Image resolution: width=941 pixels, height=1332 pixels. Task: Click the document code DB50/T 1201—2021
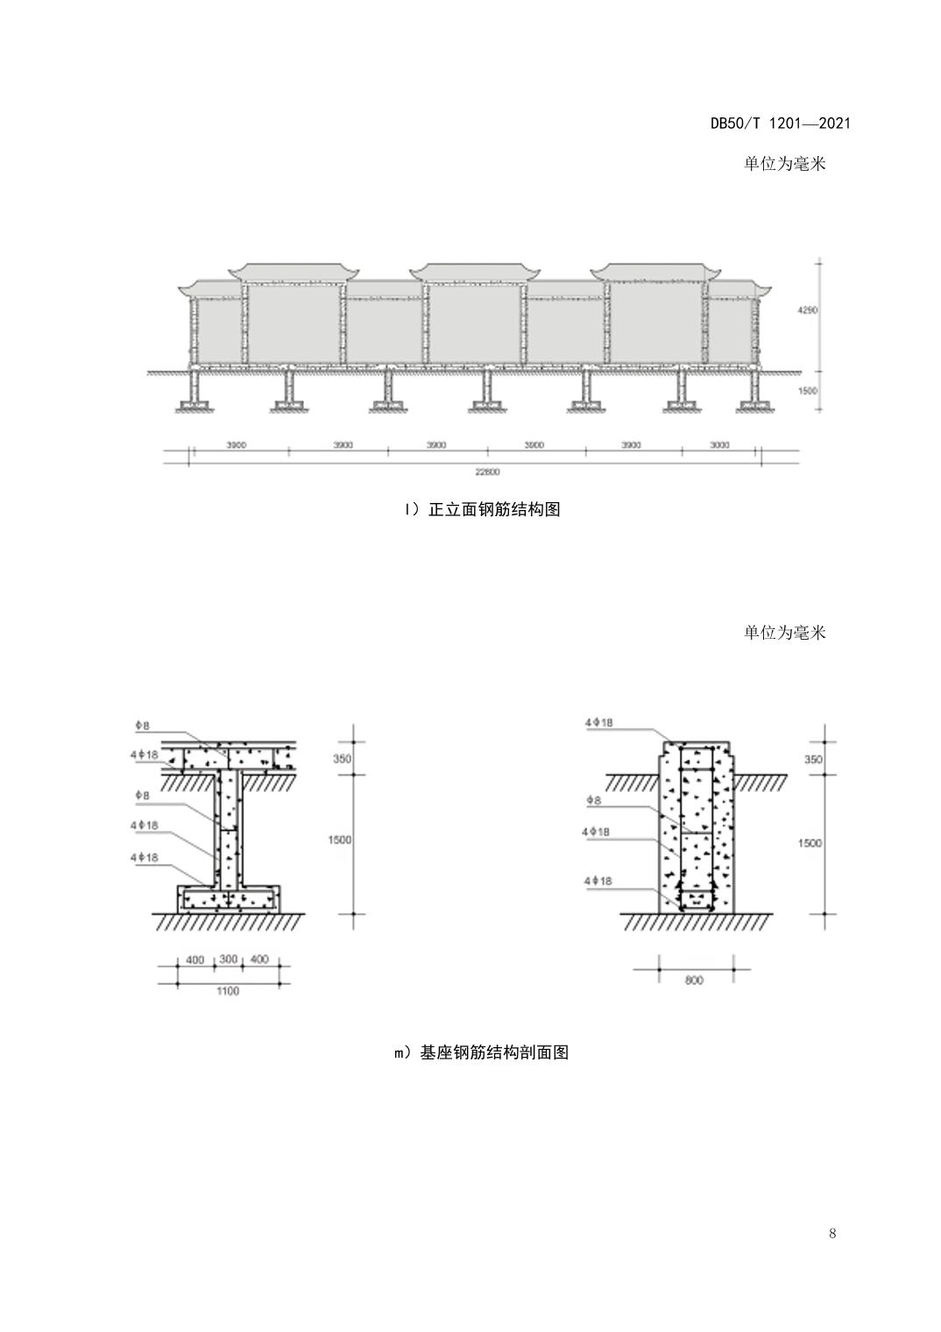[x=780, y=124]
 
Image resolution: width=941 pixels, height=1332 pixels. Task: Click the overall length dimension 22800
[x=487, y=472]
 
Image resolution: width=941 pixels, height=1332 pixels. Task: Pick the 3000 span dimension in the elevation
[x=718, y=445]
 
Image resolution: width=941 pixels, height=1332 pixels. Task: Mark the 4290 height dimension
[x=807, y=310]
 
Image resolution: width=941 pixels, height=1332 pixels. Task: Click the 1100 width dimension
[x=227, y=991]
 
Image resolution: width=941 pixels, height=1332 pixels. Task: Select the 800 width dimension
[x=694, y=981]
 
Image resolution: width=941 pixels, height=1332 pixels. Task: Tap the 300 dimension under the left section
[x=229, y=960]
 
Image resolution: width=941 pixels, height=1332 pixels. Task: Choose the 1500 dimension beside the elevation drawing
[x=807, y=391]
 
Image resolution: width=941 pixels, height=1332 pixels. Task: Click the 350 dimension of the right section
[x=813, y=760]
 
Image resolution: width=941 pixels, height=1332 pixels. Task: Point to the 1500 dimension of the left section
[x=340, y=840]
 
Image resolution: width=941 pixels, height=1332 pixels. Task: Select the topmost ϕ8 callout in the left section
[x=142, y=726]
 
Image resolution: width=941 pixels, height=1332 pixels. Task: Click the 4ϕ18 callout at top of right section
[x=598, y=723]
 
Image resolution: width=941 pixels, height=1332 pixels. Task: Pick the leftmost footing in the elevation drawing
[x=195, y=405]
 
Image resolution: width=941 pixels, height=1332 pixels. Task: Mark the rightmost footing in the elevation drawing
[x=755, y=405]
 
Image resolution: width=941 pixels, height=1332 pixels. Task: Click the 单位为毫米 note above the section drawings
[x=784, y=633]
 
